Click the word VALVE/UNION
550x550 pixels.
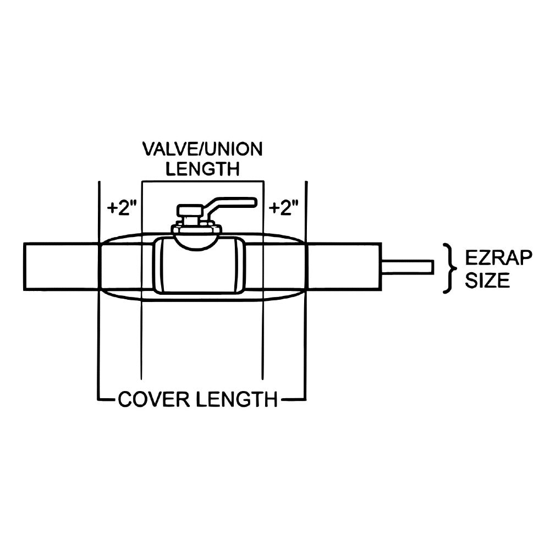coord(203,150)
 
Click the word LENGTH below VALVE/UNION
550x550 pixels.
coord(203,169)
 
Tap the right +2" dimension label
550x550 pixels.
coord(284,208)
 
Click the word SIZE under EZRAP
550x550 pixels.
coord(487,281)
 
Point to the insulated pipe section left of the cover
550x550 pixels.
coord(61,267)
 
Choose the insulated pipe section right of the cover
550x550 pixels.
coord(344,267)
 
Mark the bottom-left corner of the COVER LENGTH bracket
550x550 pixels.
coord(99,398)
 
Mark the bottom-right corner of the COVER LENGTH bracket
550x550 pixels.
coord(305,398)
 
